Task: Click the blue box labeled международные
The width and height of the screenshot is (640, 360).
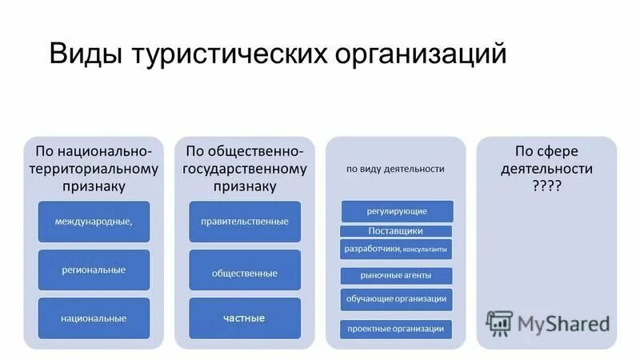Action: pos(94,221)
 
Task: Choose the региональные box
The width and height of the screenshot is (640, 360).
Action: pos(94,270)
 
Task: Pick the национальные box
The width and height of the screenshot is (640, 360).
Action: pos(94,318)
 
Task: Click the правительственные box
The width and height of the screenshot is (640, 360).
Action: pos(245,221)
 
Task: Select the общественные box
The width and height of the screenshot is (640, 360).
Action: pos(245,273)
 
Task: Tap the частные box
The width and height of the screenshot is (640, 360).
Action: pos(245,318)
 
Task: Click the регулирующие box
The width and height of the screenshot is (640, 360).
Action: pos(397,211)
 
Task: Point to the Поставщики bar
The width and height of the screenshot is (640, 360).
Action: pos(395,231)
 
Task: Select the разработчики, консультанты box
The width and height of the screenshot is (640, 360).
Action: pos(395,250)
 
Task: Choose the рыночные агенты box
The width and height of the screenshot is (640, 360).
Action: pos(396,275)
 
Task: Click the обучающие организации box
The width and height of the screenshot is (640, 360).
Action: pos(396,299)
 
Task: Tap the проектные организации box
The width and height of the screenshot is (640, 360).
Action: pos(396,328)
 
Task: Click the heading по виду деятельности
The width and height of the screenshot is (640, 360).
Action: pos(395,169)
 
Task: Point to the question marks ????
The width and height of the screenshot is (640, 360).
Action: pos(546,184)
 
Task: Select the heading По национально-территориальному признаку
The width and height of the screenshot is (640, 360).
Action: pos(93,168)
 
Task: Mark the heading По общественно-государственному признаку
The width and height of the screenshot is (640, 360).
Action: pos(245,168)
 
